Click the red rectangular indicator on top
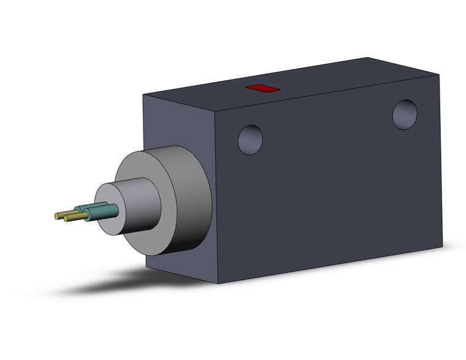pyautogui.click(x=262, y=89)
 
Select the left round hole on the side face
pyautogui.click(x=250, y=139)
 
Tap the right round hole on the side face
pyautogui.click(x=405, y=115)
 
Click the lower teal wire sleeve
pyautogui.click(x=102, y=212)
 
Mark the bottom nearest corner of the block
pyautogui.click(x=218, y=283)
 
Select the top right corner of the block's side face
pyautogui.click(x=439, y=75)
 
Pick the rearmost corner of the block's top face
pyautogui.click(x=369, y=58)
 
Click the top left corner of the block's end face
pyautogui.click(x=143, y=95)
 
